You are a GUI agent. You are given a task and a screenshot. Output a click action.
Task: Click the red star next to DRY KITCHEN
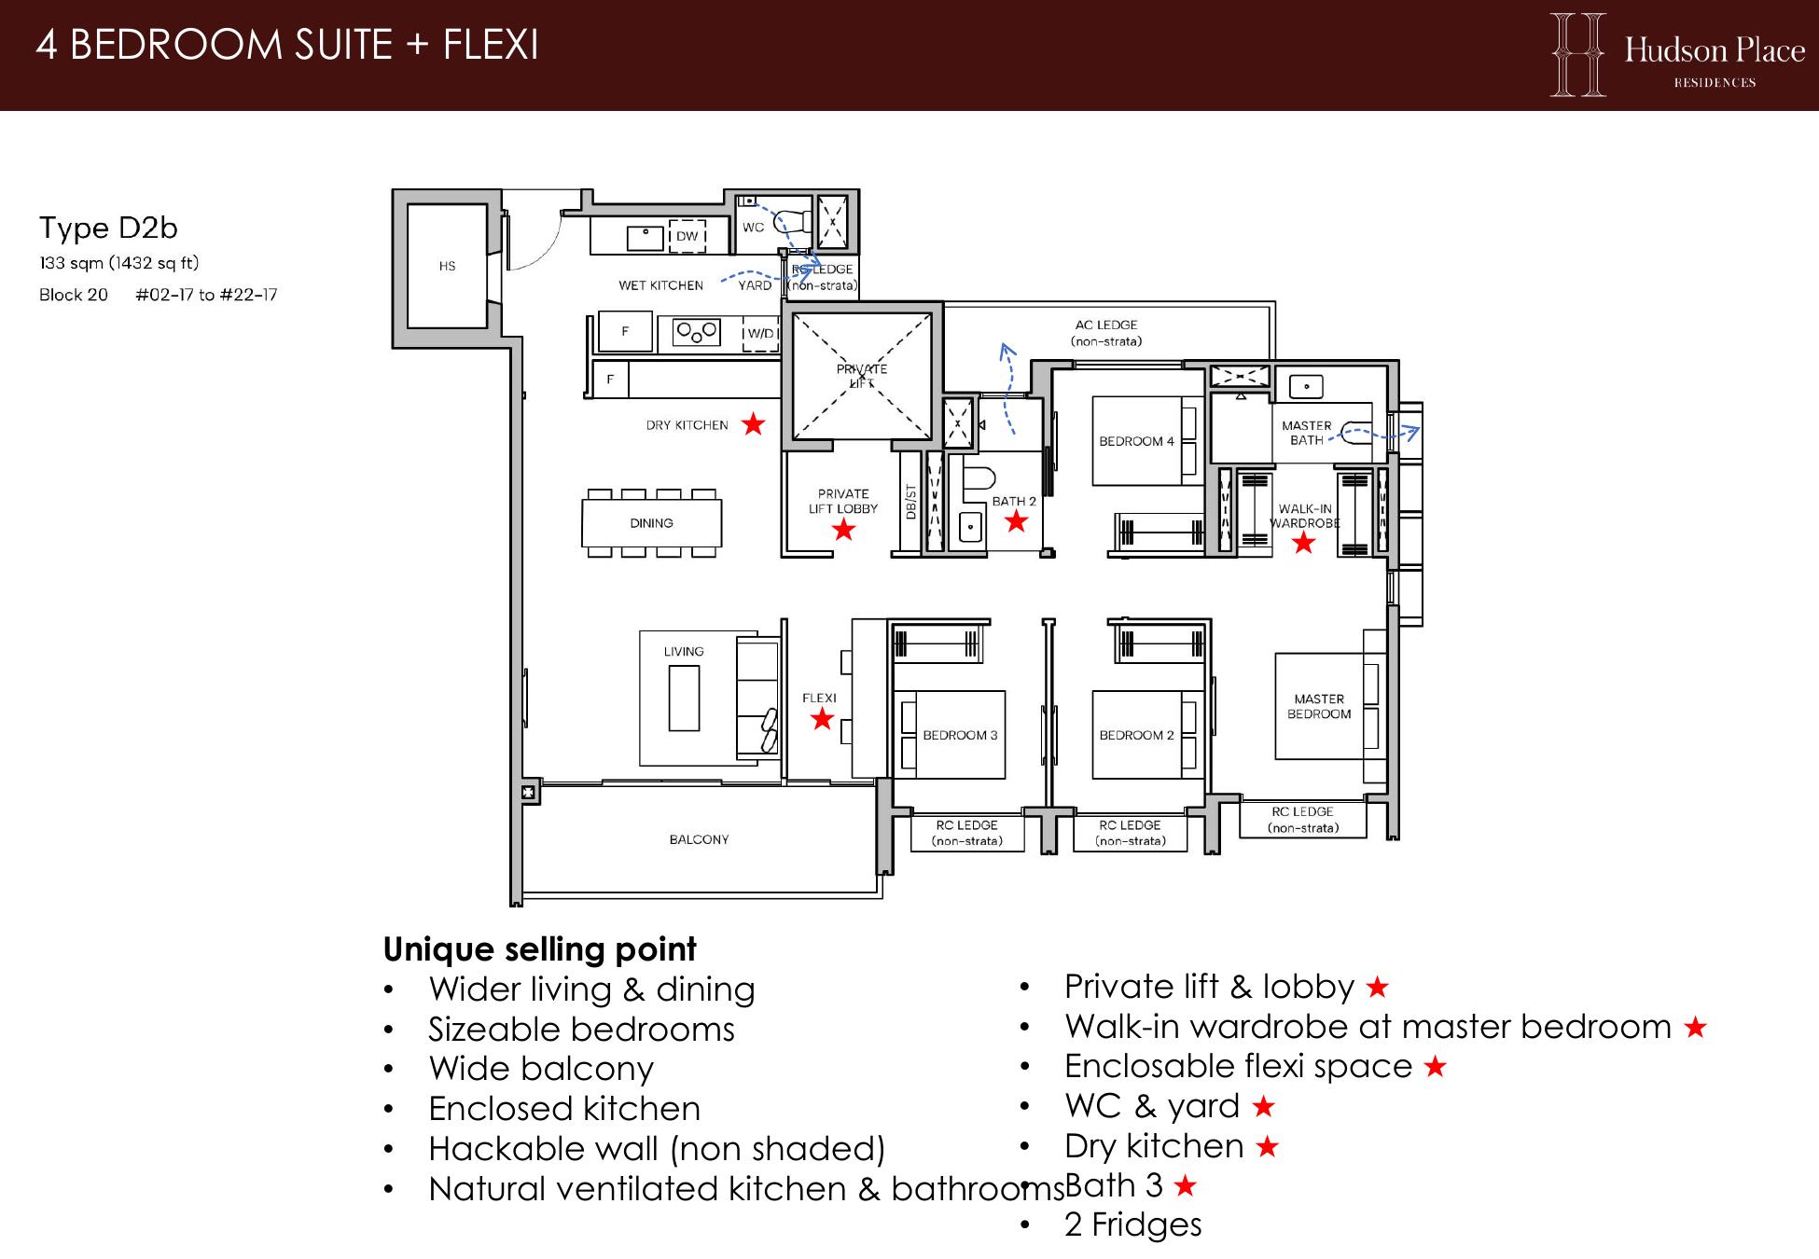click(x=753, y=424)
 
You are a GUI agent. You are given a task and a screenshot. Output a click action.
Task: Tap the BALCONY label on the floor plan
click(x=699, y=839)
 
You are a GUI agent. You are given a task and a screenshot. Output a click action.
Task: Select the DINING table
click(x=651, y=523)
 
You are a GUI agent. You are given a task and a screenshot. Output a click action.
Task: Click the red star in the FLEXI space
click(x=821, y=718)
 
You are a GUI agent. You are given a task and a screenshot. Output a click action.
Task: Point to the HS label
click(x=447, y=266)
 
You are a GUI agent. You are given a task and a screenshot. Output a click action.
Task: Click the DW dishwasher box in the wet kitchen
click(x=687, y=236)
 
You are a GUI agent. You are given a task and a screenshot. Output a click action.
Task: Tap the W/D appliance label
click(x=760, y=333)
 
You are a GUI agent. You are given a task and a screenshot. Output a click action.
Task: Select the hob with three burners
click(x=697, y=332)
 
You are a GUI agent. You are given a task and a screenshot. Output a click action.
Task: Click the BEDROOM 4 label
click(x=1136, y=441)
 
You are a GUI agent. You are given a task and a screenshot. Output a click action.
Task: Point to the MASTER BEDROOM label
click(x=1319, y=706)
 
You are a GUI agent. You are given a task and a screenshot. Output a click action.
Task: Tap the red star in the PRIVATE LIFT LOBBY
click(x=843, y=530)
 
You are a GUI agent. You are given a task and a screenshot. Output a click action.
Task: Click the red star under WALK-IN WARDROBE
click(x=1303, y=542)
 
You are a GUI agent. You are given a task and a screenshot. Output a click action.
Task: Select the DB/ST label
click(x=910, y=503)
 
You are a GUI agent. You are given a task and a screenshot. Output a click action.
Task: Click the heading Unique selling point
click(x=539, y=949)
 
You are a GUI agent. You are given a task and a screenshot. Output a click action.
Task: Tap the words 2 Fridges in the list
click(x=1133, y=1224)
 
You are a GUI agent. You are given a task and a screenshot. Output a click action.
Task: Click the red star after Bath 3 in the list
click(x=1185, y=1185)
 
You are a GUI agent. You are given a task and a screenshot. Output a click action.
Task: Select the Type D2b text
click(x=108, y=228)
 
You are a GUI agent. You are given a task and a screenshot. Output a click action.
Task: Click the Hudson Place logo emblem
click(x=1578, y=54)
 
